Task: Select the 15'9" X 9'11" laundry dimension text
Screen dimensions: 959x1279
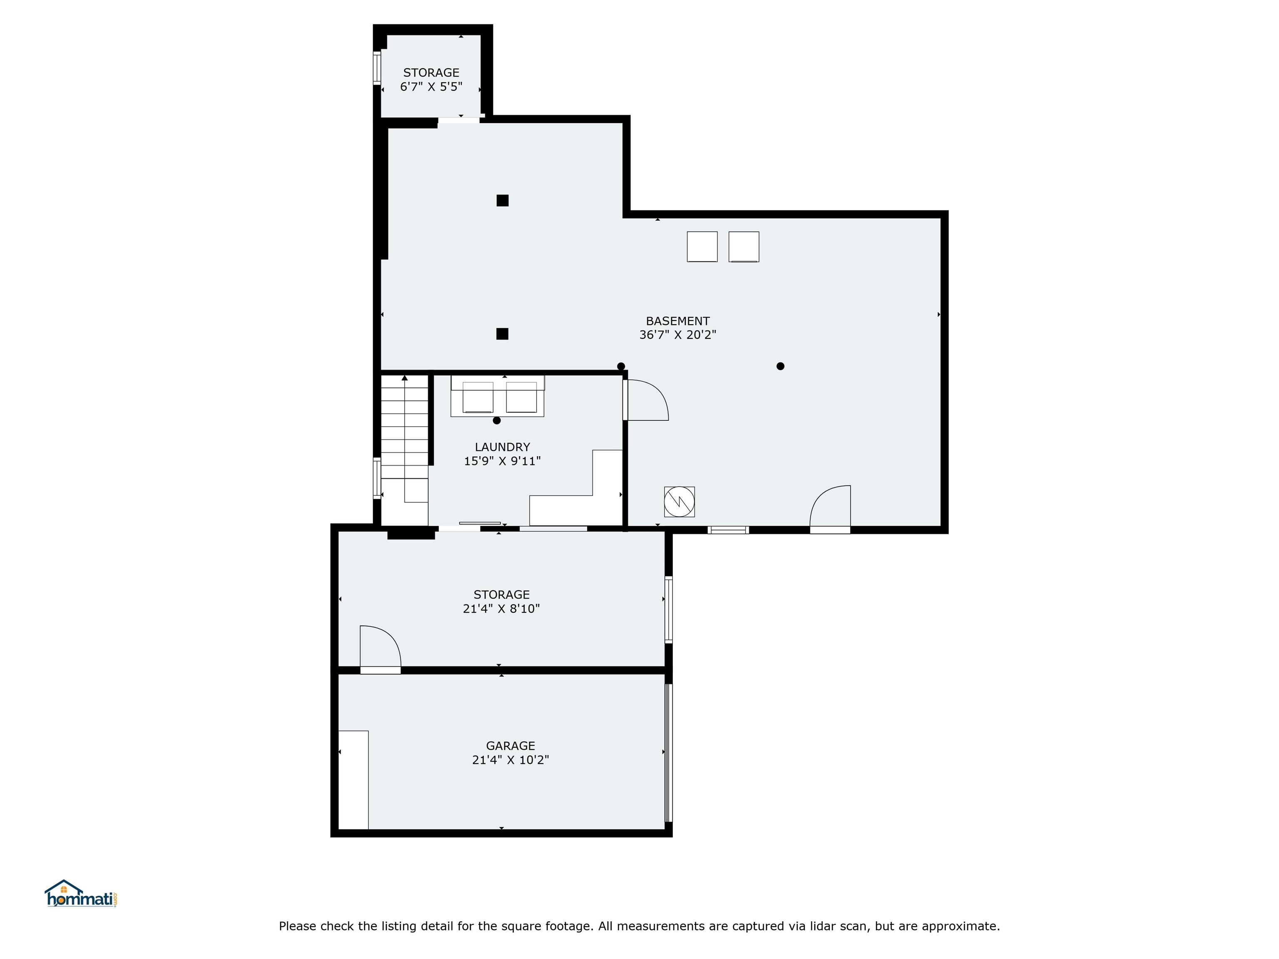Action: tap(502, 461)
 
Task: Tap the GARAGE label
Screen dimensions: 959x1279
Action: tap(510, 746)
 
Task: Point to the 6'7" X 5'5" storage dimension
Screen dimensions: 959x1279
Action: tap(431, 87)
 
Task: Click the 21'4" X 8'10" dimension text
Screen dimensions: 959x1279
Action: tap(501, 608)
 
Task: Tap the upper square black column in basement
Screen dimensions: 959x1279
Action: tap(503, 201)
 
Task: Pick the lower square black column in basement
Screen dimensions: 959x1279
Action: tap(503, 333)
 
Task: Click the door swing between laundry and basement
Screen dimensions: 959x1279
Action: tap(647, 400)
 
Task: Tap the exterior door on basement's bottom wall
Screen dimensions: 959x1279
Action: tap(830, 509)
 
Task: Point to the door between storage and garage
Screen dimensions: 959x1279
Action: tap(380, 650)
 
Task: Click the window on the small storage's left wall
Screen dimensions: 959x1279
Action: tap(376, 68)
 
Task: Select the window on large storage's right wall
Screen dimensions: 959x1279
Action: tap(668, 609)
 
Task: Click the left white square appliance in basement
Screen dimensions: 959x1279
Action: tap(702, 247)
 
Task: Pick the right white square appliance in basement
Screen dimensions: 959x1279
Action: tap(744, 247)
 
